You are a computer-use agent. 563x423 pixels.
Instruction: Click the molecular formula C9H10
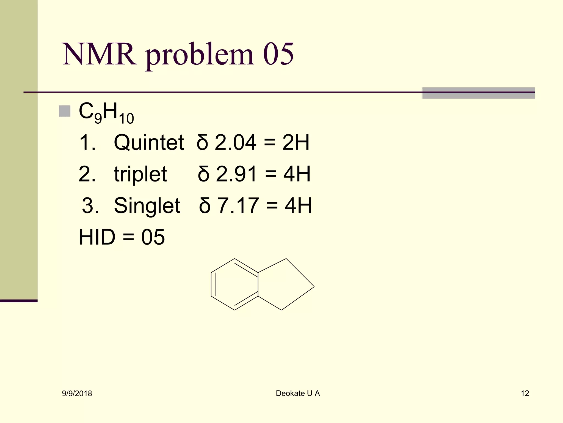[106, 113]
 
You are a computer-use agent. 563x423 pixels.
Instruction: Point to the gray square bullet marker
[65, 111]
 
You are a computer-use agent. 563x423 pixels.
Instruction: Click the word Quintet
[149, 143]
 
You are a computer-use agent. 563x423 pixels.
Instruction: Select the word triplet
[140, 174]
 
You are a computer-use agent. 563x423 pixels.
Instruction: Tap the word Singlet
[147, 205]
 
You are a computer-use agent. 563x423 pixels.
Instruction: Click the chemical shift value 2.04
[235, 143]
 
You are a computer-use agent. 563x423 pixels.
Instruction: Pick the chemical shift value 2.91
[236, 174]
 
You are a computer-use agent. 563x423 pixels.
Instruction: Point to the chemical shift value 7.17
[238, 205]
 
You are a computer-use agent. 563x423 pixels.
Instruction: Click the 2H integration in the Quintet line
[296, 143]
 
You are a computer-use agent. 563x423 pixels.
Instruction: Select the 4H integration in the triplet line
[297, 174]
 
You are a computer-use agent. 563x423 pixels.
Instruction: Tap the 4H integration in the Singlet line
[298, 205]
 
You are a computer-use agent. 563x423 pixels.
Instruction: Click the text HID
[97, 237]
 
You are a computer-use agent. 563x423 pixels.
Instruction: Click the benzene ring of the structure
[234, 284]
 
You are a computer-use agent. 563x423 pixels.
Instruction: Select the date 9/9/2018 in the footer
[77, 394]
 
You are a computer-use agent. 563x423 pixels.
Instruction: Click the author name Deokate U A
[298, 393]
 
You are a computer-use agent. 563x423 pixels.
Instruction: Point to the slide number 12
[525, 393]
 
